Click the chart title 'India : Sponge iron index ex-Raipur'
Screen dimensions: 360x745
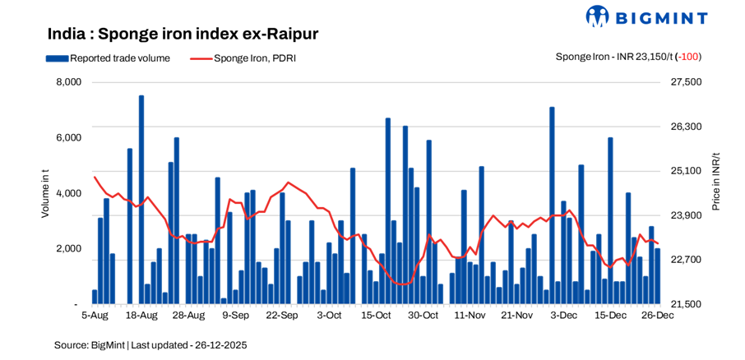tap(183, 34)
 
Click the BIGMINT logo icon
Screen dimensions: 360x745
tap(598, 16)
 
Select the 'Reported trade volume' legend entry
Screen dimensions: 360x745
tap(109, 58)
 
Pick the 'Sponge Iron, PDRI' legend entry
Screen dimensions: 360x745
tap(243, 58)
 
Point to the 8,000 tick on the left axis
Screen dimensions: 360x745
tap(68, 82)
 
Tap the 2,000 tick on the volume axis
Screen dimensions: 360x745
tap(68, 248)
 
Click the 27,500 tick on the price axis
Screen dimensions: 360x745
tap(687, 82)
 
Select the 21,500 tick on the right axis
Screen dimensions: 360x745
tap(687, 304)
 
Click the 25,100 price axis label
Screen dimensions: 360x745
tap(687, 171)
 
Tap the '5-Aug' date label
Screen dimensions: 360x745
tap(95, 315)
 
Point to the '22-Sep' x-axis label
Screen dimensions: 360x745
tap(282, 315)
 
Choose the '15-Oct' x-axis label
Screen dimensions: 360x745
tap(376, 315)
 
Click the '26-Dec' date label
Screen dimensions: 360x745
tap(657, 315)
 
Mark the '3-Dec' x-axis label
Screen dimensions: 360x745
tap(563, 315)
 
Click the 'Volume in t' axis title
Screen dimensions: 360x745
tap(46, 193)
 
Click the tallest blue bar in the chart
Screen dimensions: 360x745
tap(141, 200)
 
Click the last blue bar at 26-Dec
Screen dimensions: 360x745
tap(657, 276)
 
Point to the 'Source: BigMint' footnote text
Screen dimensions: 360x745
tap(150, 345)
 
